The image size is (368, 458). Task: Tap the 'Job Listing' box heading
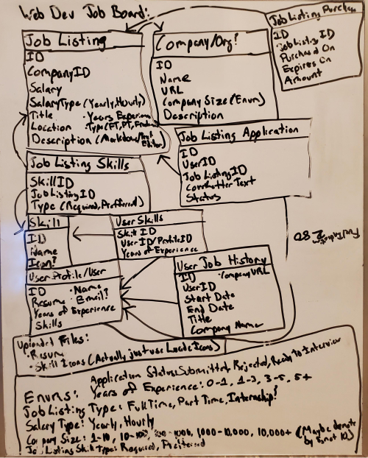pos(65,40)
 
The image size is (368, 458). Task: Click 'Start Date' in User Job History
pos(208,297)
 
